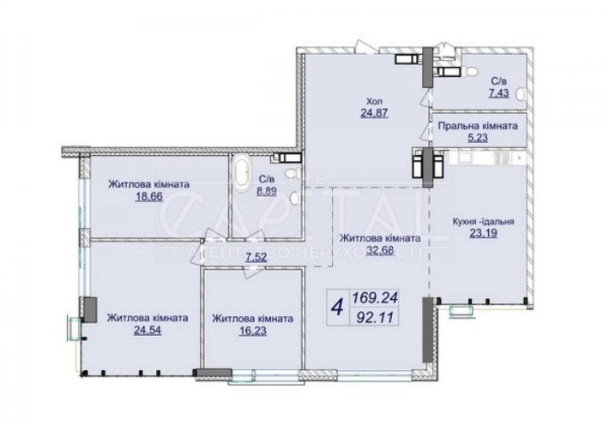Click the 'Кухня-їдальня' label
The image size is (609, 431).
click(483, 218)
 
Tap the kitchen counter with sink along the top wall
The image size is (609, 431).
click(484, 159)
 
